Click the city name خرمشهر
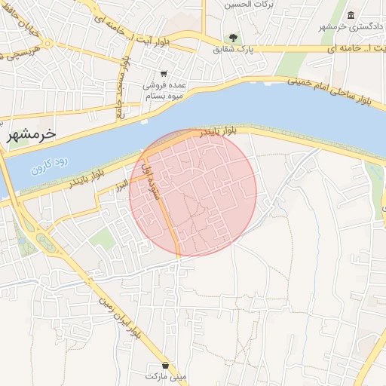click(x=32, y=134)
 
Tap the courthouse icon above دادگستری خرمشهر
click(x=351, y=16)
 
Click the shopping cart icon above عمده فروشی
click(x=164, y=74)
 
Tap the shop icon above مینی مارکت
click(x=166, y=364)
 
